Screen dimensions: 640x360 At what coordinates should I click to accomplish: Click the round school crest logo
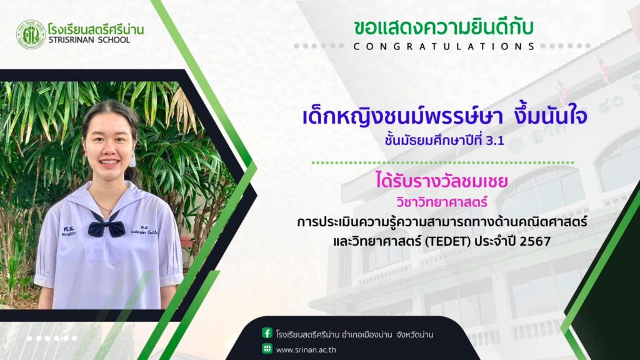[x=31, y=35]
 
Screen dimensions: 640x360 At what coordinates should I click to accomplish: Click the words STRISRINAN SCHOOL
[x=89, y=40]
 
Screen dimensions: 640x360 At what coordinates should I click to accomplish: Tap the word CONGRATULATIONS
[x=444, y=46]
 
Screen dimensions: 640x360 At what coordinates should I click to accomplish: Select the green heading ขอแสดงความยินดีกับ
[x=443, y=27]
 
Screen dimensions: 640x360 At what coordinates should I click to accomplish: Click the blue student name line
[x=444, y=116]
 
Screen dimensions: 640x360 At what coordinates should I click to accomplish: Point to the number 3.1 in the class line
[x=496, y=141]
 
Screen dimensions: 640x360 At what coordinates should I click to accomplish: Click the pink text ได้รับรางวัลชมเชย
[x=442, y=181]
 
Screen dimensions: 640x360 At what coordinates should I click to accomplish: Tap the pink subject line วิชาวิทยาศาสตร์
[x=442, y=202]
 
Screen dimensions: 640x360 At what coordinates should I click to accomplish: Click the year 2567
[x=535, y=241]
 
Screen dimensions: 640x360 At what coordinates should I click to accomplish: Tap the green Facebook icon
[x=267, y=333]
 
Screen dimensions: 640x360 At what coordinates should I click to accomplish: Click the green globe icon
[x=267, y=349]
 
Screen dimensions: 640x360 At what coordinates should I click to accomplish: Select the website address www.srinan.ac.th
[x=306, y=350]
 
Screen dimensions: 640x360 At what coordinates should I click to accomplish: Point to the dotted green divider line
[x=443, y=163]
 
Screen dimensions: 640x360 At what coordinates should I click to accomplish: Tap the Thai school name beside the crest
[x=96, y=29]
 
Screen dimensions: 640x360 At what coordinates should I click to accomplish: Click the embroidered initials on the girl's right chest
[x=69, y=231]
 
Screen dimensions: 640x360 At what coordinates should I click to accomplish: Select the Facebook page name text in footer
[x=354, y=335]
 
